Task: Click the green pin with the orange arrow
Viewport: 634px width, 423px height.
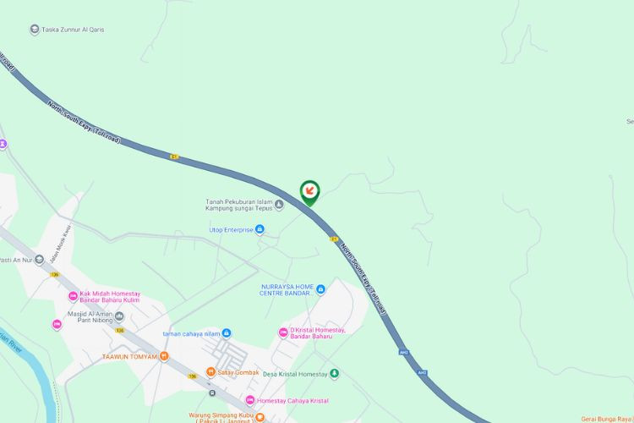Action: [x=310, y=191]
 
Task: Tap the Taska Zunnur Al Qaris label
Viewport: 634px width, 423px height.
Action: [x=74, y=30]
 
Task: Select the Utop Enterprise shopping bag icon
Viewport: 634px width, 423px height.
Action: [x=260, y=229]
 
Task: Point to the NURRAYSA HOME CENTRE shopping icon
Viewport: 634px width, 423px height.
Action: [x=320, y=289]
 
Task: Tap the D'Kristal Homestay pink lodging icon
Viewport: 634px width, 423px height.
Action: [x=283, y=332]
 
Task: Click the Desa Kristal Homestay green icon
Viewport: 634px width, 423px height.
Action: [x=334, y=373]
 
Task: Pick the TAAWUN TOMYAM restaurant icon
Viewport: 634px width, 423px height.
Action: [x=164, y=356]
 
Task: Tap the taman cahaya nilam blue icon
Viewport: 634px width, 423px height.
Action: [x=227, y=333]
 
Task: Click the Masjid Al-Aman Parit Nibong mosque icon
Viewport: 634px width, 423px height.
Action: [x=119, y=316]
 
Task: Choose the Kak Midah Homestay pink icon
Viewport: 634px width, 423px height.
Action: [x=73, y=296]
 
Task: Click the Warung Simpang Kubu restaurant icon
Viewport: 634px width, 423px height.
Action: [x=260, y=416]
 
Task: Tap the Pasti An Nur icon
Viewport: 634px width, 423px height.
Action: [x=39, y=260]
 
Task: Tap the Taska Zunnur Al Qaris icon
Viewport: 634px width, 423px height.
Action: [x=35, y=30]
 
